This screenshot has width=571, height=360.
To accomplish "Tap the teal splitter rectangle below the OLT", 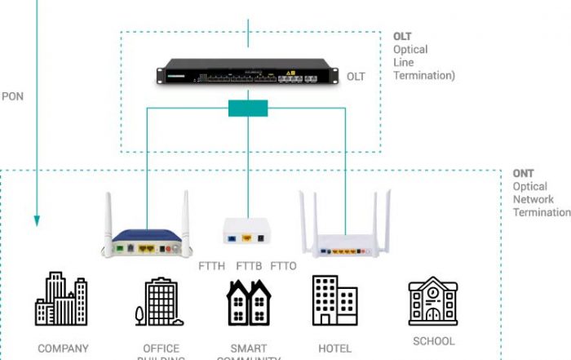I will click(248, 108).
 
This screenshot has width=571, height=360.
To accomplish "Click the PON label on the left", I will click(12, 96).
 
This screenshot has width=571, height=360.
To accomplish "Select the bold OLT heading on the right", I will click(403, 37).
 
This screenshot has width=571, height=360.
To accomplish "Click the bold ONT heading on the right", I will click(523, 174).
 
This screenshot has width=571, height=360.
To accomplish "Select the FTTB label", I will click(249, 266).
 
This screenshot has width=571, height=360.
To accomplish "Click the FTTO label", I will click(283, 266).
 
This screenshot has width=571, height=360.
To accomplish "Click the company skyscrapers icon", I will click(61, 300).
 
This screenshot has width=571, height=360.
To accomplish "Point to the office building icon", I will click(157, 301).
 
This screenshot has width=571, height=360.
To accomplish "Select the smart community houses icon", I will click(248, 301).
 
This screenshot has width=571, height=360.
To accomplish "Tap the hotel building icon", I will click(334, 300).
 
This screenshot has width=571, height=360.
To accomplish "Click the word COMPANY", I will click(63, 349).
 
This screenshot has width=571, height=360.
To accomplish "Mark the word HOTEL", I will click(334, 349).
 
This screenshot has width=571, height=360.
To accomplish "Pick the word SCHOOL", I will click(434, 341).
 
